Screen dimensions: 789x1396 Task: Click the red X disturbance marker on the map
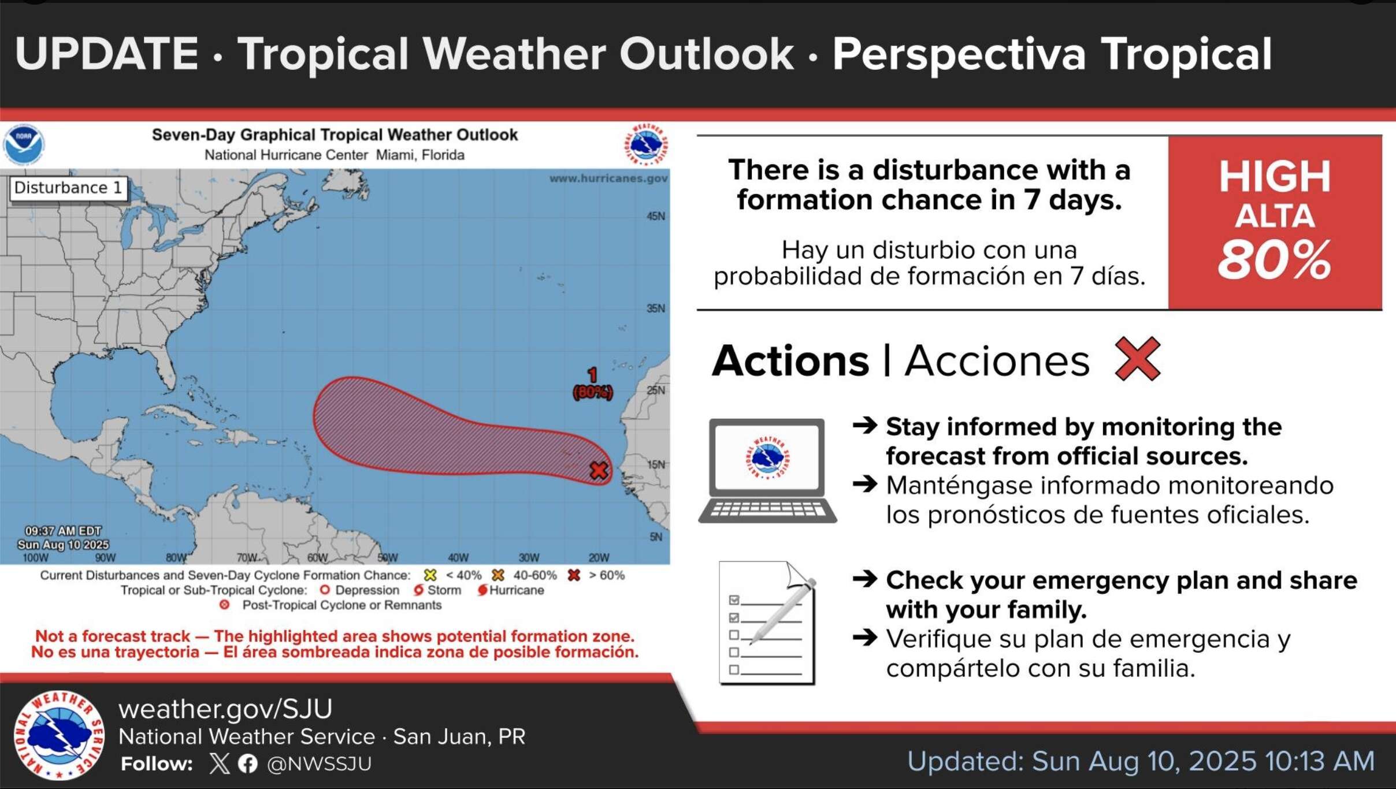599,470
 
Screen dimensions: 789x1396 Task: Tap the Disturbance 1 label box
68,188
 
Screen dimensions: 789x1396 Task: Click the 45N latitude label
656,216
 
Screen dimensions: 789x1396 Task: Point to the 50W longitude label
388,557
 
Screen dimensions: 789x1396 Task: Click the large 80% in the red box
1274,260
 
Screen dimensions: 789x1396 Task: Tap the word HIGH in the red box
1275,176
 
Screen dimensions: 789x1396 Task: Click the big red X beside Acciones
1137,359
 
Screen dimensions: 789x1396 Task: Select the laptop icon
767,471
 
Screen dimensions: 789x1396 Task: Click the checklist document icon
767,623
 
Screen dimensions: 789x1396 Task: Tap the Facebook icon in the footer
248,764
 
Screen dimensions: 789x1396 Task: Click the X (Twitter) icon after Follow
220,764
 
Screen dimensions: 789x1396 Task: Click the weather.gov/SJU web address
225,709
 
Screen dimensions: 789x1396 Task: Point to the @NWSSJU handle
319,764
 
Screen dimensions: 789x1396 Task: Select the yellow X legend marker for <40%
430,575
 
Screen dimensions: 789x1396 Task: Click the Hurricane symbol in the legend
482,590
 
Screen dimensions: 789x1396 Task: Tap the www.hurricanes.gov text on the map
608,178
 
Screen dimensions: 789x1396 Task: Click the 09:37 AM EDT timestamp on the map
62,531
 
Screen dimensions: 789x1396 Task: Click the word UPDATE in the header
107,54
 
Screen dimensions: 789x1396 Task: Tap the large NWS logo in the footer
59,735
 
